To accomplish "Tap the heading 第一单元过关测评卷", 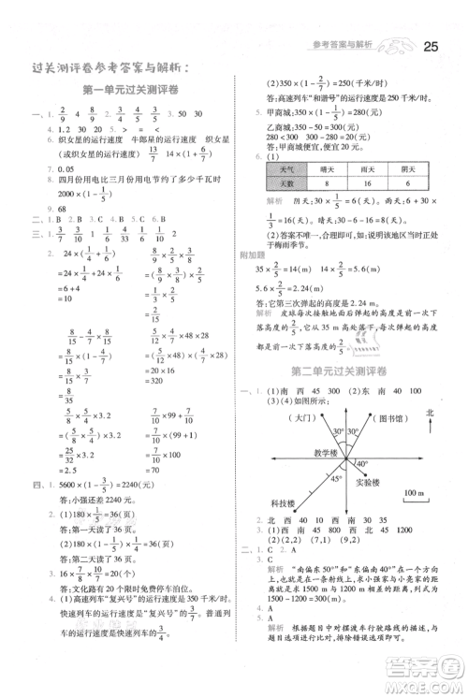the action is [132, 89].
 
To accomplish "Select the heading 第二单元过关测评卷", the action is [343, 371].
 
